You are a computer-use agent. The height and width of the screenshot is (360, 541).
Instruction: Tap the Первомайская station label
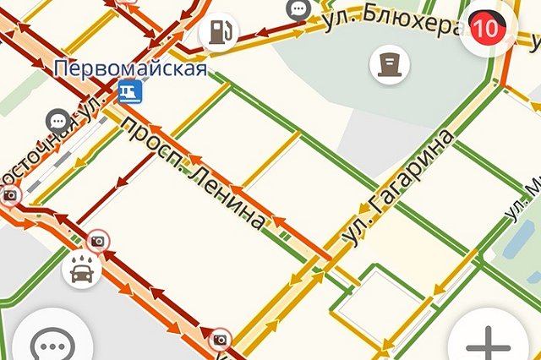[x=130, y=68]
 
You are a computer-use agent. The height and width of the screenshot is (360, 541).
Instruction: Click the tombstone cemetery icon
[x=389, y=62]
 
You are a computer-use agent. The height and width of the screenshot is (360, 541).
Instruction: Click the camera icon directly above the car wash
[x=99, y=242]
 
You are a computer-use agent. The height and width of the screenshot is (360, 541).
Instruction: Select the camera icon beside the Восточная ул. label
[x=10, y=196]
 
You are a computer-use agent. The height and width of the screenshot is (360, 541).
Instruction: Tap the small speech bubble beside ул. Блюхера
[x=298, y=9]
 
